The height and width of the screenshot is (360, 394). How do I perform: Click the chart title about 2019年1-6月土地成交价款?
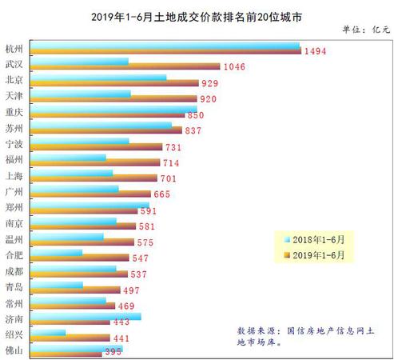[197, 15]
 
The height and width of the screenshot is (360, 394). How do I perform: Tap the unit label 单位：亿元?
[364, 30]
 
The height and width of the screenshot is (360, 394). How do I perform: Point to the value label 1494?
[315, 51]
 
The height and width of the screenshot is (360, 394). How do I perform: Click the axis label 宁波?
[14, 144]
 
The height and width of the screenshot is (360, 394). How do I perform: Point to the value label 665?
[162, 194]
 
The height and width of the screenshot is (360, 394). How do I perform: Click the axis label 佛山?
[14, 350]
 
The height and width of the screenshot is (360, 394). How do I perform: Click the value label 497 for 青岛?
[132, 290]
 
